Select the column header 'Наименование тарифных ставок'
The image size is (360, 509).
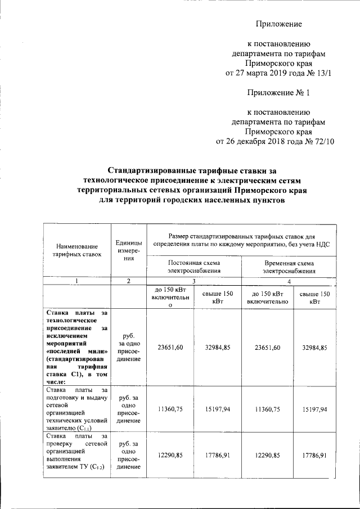coord(76,250)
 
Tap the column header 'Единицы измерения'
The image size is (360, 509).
coord(129,250)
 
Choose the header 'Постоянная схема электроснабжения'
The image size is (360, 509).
coord(194,267)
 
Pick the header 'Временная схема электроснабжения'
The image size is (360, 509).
coord(289,267)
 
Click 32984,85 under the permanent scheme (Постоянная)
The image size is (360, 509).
coord(218,348)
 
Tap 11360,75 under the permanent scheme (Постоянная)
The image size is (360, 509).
coord(169,411)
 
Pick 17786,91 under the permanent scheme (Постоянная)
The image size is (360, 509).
coord(218,454)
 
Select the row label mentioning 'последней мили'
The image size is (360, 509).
coord(76,348)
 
